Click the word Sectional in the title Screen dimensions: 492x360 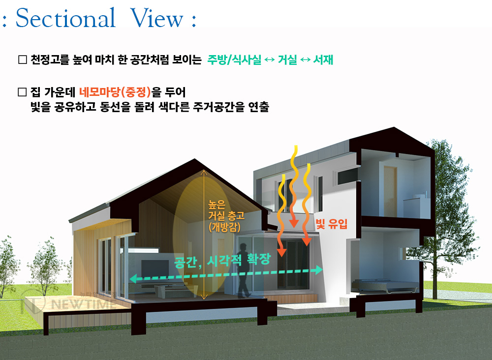tap(65, 18)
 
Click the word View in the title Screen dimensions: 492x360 tap(156, 18)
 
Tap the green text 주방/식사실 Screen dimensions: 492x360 tap(234, 60)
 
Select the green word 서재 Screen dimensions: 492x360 tap(323, 60)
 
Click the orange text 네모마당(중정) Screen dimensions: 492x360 tap(115, 92)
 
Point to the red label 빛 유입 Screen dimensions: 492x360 tap(331, 224)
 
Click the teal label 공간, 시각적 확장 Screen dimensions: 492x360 tap(222, 261)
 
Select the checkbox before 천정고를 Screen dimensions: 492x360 tap(23, 60)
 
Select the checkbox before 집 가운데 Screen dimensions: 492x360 tap(23, 92)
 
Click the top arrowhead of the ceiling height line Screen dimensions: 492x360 tap(204, 172)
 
